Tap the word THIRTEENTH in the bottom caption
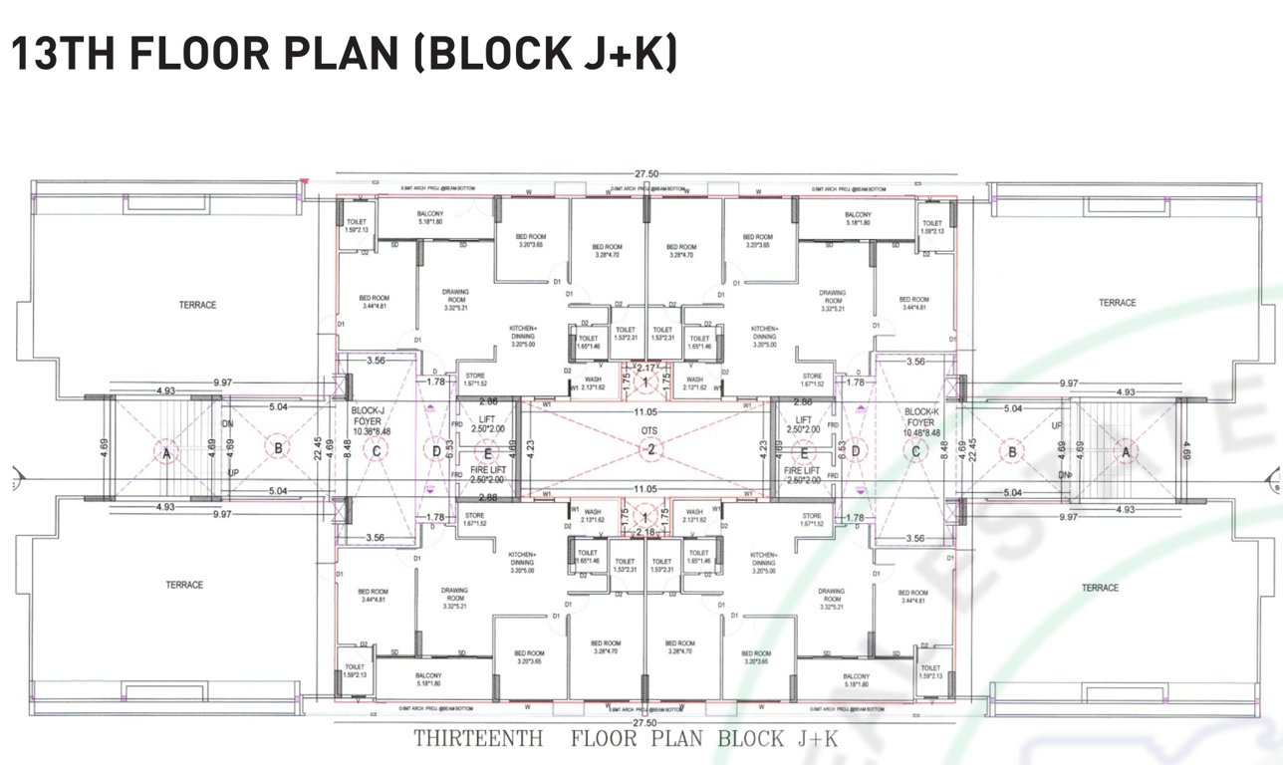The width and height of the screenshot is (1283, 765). [478, 739]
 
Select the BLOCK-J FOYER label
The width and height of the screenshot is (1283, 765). [370, 415]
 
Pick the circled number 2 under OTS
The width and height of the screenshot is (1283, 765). [648, 451]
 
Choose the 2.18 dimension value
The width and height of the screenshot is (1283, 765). [646, 533]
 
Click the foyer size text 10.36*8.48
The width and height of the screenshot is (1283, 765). [370, 431]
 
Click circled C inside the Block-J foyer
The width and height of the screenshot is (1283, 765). [377, 451]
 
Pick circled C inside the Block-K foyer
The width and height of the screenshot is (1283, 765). [915, 451]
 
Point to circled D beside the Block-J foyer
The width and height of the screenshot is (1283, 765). [435, 451]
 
